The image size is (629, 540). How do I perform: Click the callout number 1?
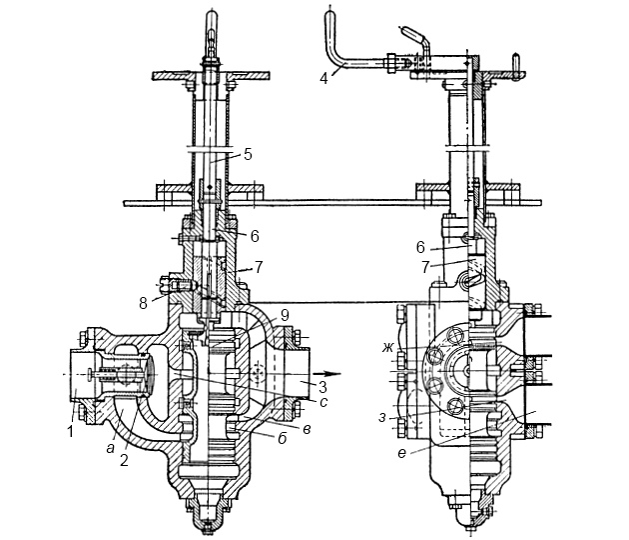[70, 432]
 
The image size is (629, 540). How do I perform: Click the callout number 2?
[124, 460]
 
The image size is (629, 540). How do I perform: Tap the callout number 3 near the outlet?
[322, 387]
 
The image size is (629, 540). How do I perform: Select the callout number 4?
[323, 78]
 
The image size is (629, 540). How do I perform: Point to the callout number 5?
[248, 154]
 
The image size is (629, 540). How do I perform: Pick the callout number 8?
[143, 303]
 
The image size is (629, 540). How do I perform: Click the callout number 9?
[285, 315]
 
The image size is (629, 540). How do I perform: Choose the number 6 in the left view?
[255, 236]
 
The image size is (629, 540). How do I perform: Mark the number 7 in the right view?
[425, 267]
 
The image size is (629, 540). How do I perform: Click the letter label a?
[110, 448]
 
